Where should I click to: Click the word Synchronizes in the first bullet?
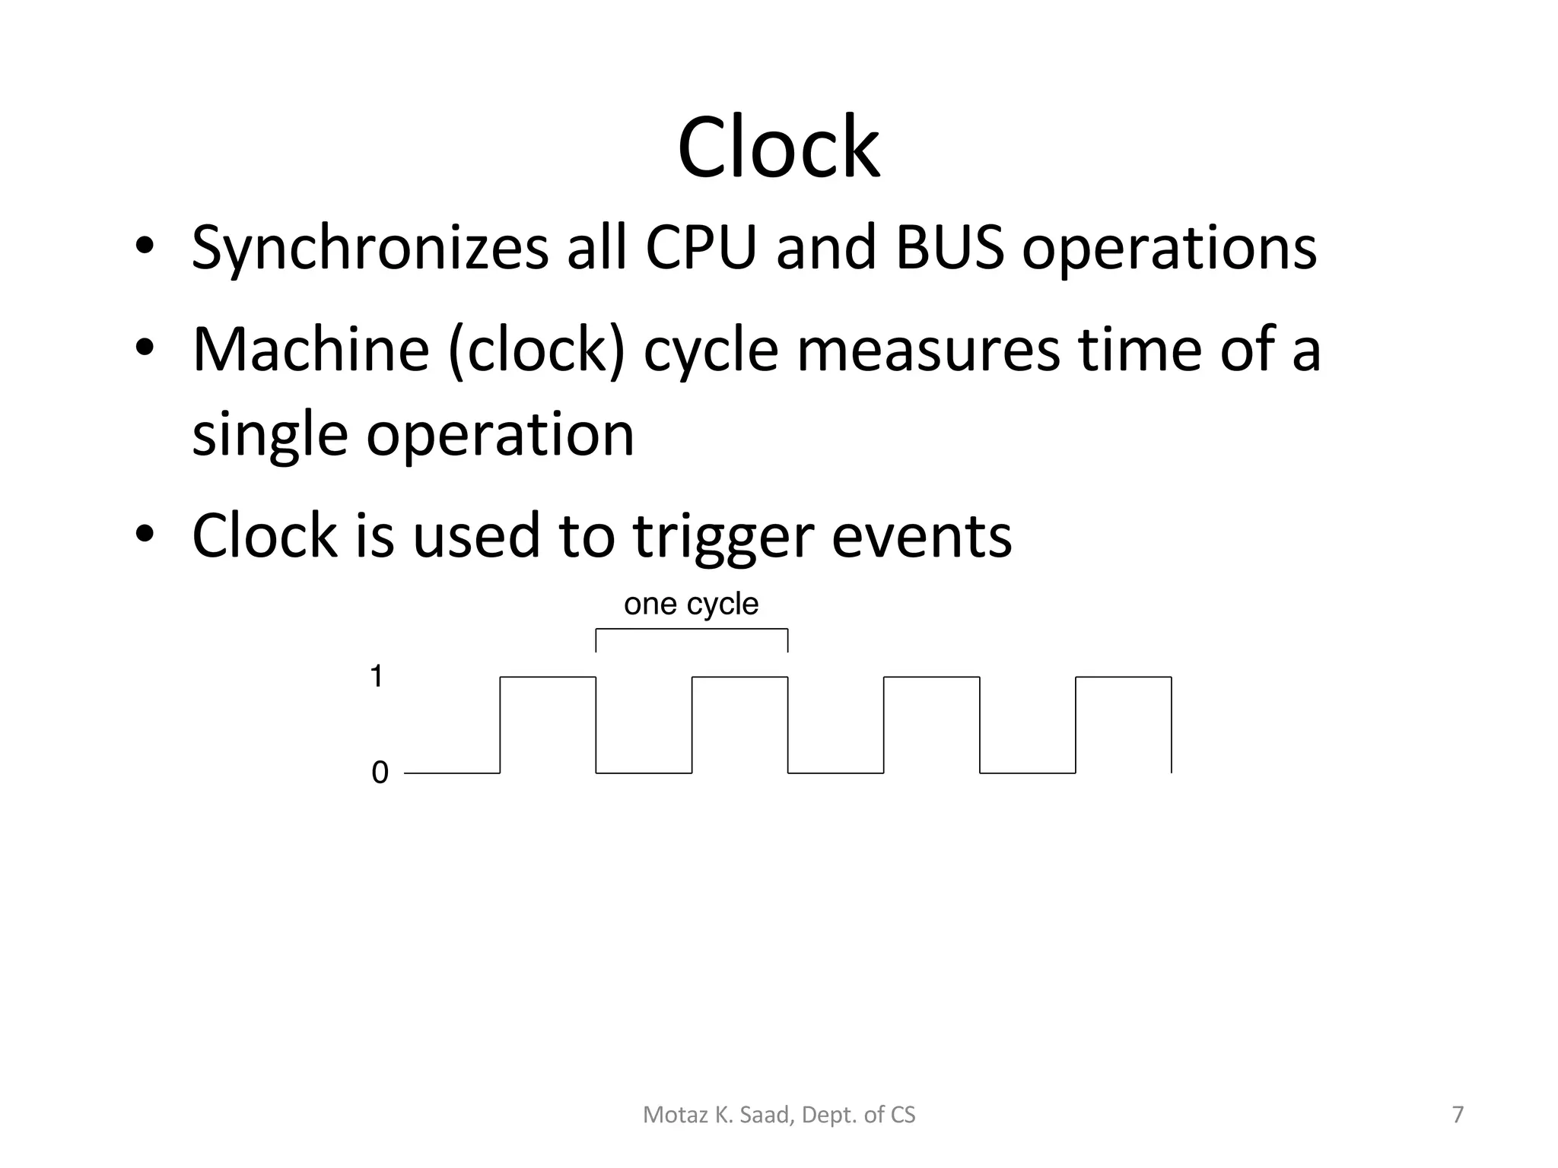click(x=370, y=248)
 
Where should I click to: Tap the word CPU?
click(x=701, y=248)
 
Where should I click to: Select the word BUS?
click(x=949, y=248)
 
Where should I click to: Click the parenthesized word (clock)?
click(x=536, y=351)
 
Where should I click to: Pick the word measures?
click(x=928, y=351)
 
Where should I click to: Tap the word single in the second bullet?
click(x=269, y=435)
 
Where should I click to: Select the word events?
click(x=921, y=536)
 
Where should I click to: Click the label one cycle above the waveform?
click(x=691, y=604)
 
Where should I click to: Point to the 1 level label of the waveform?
click(x=376, y=676)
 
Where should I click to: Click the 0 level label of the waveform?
click(x=380, y=773)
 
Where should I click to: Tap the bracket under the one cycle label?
click(x=692, y=630)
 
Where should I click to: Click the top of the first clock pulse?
click(x=548, y=677)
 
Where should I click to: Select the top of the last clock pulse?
click(x=1123, y=677)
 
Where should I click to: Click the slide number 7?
click(x=1458, y=1115)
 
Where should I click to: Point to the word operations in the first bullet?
click(x=1168, y=248)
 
